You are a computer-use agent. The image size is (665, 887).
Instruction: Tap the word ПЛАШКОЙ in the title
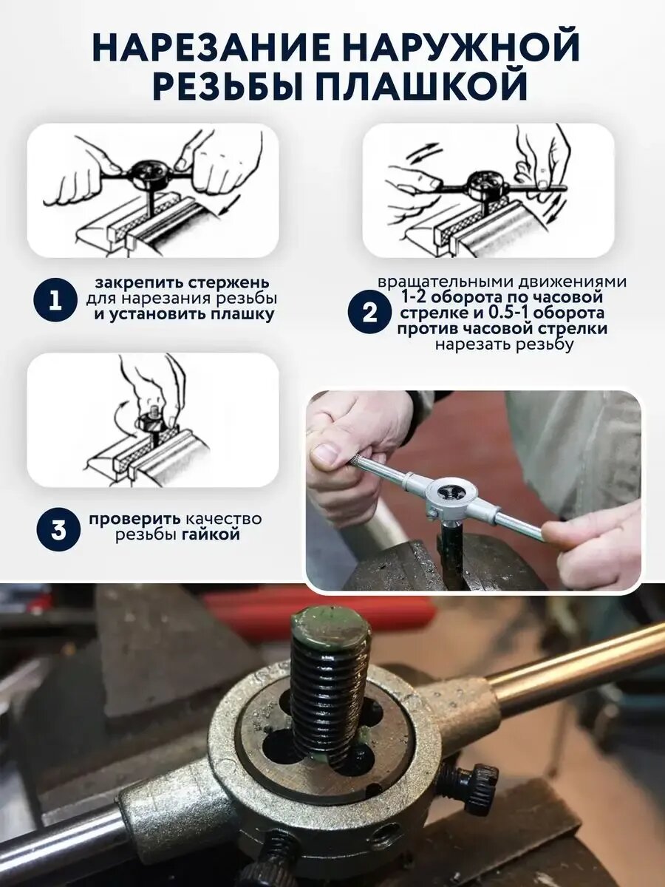click(x=420, y=86)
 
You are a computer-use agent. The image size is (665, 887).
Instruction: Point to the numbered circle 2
click(x=369, y=313)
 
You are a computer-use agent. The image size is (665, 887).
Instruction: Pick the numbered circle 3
click(x=58, y=530)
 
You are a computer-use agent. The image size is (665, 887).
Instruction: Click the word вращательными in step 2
click(x=449, y=282)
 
